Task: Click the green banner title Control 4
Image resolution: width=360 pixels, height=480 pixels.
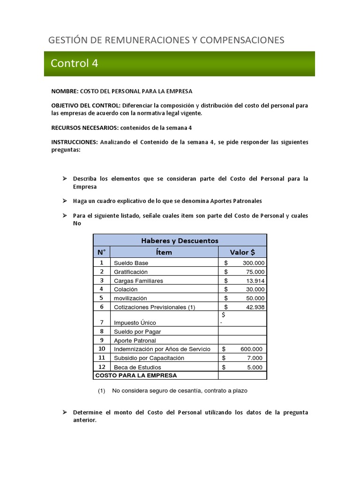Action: click(74, 64)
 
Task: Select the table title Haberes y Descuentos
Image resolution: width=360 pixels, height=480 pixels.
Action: click(180, 240)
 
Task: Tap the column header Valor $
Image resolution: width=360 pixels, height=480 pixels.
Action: click(242, 252)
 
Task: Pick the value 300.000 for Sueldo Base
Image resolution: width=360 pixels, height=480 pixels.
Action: click(250, 263)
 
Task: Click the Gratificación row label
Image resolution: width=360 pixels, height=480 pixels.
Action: click(131, 272)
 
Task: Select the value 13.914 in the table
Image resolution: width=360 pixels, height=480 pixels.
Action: click(254, 281)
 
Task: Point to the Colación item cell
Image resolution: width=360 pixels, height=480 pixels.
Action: click(126, 290)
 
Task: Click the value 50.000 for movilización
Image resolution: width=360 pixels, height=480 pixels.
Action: click(254, 298)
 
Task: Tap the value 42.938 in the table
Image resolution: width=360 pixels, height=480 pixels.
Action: click(254, 307)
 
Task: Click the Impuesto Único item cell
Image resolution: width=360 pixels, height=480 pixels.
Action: click(135, 323)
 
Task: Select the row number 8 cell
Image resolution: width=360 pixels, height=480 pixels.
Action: click(101, 331)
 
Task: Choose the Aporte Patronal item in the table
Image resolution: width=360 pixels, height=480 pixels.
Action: click(135, 341)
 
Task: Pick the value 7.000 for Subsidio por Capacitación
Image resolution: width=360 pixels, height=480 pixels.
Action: click(255, 358)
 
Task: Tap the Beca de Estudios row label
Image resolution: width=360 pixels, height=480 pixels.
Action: click(137, 367)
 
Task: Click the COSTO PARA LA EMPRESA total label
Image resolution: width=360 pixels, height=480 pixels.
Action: click(136, 375)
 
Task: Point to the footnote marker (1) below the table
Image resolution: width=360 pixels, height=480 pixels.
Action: click(101, 391)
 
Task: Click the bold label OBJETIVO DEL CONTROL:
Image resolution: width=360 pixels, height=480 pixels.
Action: click(86, 105)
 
